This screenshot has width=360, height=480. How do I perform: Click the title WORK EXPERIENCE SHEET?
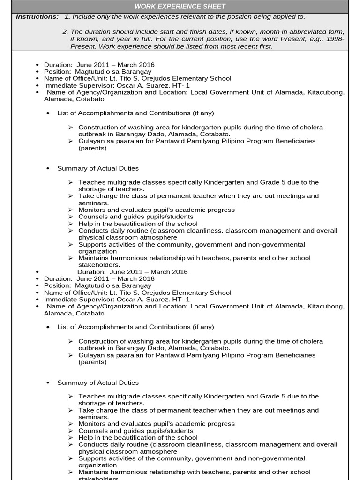point(180,7)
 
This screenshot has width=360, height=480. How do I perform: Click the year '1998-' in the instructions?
point(335,39)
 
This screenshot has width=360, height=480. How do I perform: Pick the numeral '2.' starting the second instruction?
point(65,32)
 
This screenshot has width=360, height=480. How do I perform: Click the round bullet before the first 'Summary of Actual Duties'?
point(48,169)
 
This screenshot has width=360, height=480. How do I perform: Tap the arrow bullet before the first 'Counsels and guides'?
point(70,217)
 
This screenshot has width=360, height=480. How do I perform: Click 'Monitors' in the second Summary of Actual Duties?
point(91,424)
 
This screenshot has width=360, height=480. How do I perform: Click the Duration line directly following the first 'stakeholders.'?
point(132,272)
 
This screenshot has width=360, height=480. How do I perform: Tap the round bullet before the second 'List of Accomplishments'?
point(48,327)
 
